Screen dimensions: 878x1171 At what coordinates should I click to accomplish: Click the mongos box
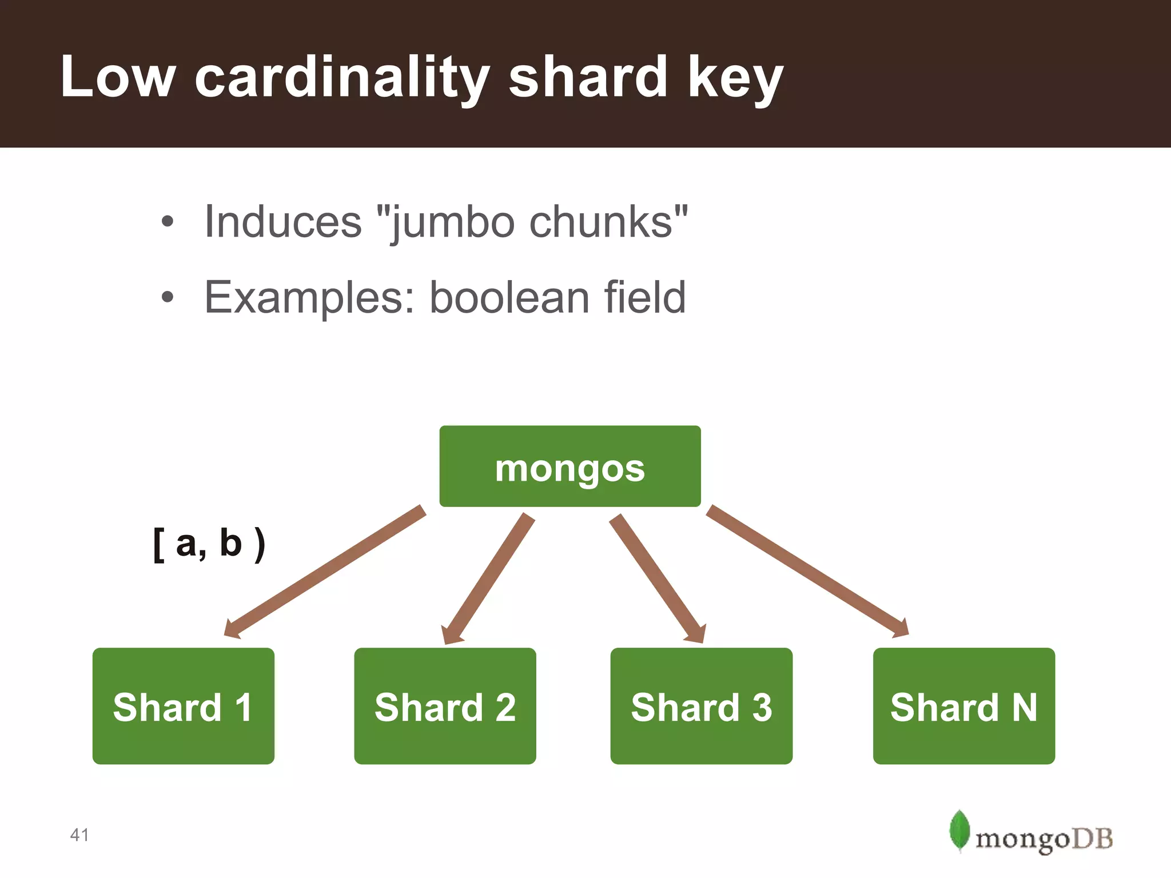[569, 466]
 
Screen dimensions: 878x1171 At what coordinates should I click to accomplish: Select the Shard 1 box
[183, 706]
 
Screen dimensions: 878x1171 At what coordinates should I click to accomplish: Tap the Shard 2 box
[445, 706]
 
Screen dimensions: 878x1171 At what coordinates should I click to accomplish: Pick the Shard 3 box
[701, 706]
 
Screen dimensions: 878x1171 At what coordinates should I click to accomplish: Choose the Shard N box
[963, 706]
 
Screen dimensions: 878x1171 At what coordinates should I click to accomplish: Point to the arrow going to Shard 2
[489, 577]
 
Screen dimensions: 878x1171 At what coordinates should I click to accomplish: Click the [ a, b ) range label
[209, 544]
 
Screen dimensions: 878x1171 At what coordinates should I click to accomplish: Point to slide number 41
[79, 835]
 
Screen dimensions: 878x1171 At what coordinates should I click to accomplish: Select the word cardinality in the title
[342, 78]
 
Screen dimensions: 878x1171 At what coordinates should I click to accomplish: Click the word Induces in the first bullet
[283, 222]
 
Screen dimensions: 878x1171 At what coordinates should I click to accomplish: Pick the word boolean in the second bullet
[509, 297]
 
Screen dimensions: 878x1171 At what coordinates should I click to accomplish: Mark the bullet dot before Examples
[167, 297]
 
